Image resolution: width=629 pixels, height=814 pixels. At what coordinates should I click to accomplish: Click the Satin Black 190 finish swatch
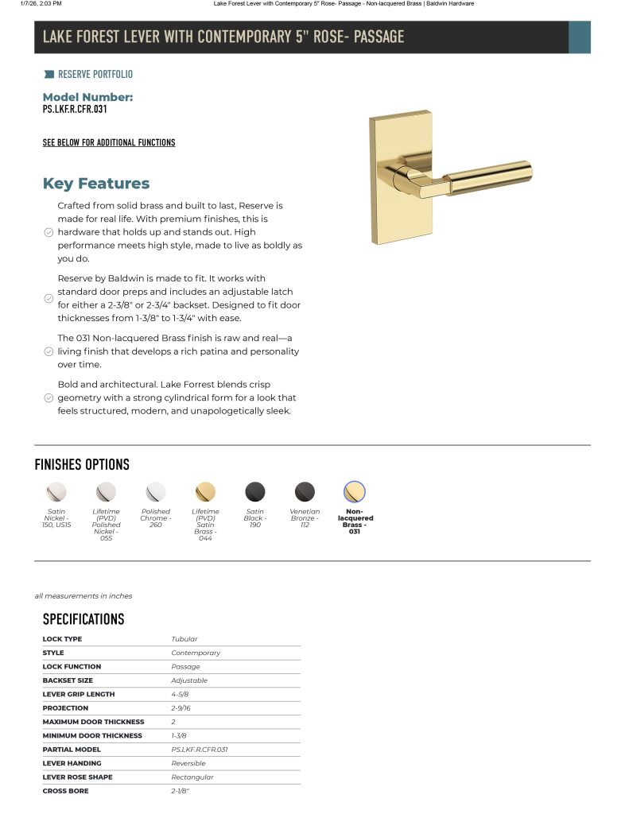[255, 491]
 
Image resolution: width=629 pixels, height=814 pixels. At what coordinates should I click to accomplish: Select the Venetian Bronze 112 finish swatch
[305, 491]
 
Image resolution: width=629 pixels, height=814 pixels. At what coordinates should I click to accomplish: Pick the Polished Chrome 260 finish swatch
[156, 491]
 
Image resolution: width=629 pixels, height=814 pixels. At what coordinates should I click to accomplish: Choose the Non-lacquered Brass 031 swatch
[354, 491]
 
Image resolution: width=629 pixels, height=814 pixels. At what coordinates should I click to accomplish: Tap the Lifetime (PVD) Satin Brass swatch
[205, 491]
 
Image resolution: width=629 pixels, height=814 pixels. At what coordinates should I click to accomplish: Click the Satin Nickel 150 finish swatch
[56, 491]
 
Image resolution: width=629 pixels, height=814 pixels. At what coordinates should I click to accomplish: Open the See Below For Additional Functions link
[109, 143]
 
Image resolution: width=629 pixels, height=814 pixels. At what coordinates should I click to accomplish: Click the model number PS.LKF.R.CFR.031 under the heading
[75, 110]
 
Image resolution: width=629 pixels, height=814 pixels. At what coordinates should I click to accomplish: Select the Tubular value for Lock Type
[184, 639]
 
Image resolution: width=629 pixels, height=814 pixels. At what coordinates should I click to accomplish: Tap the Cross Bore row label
[66, 791]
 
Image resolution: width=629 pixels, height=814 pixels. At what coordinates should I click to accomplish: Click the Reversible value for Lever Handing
[188, 763]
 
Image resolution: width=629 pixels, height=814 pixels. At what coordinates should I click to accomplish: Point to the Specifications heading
[83, 619]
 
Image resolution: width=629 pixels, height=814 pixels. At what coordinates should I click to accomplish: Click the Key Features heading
[96, 184]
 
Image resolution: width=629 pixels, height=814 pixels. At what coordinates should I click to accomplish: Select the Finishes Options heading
[82, 465]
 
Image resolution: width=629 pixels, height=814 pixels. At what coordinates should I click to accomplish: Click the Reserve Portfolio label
[95, 75]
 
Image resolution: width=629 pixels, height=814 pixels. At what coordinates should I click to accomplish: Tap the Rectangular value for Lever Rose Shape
[192, 777]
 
